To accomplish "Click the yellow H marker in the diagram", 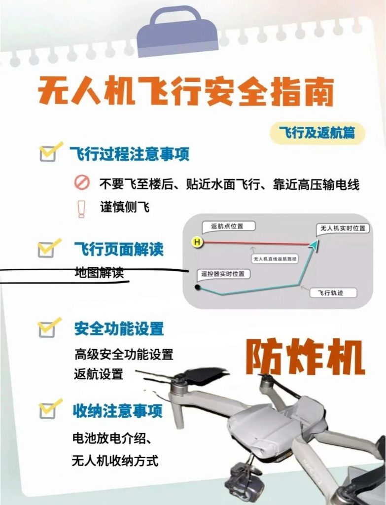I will (197, 242).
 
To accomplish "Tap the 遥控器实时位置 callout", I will (222, 274).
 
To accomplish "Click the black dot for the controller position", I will (198, 286).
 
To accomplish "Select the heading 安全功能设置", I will (119, 329).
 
